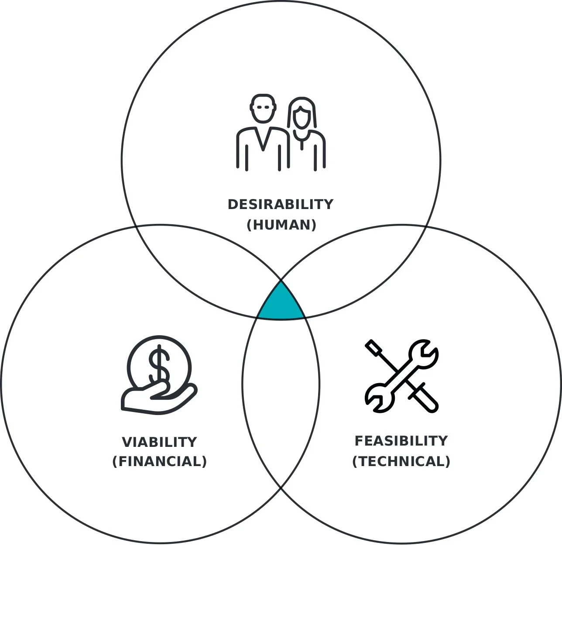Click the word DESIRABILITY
(281, 204)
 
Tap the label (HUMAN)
(281, 225)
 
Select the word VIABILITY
(159, 442)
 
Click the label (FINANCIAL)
(159, 461)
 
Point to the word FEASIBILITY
(401, 441)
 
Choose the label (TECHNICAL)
(401, 461)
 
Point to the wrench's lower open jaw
(377, 398)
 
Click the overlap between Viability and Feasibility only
(281, 393)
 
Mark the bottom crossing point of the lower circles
(281, 488)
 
